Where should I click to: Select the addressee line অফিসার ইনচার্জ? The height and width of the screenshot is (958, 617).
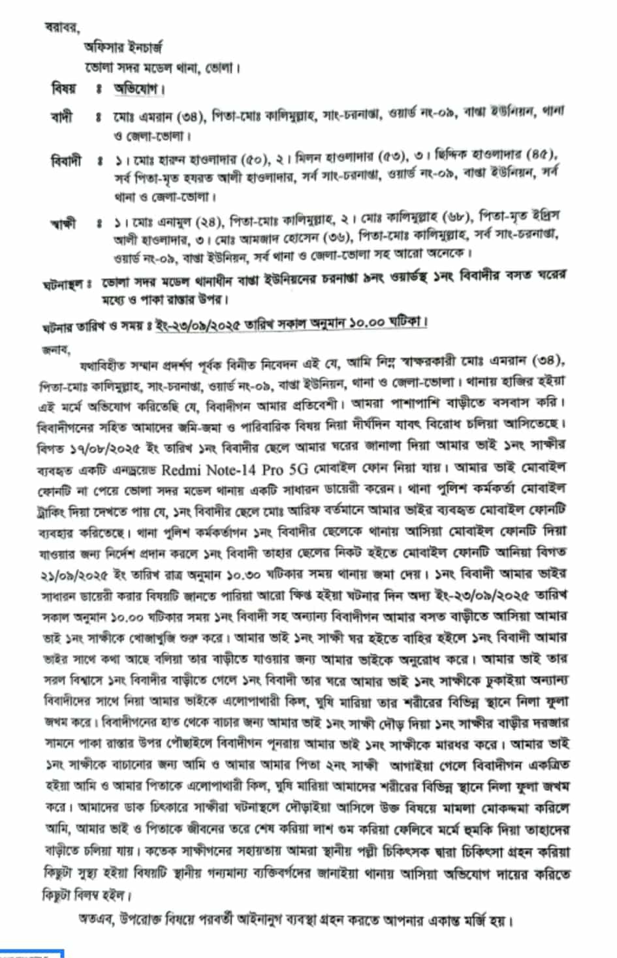(x=123, y=47)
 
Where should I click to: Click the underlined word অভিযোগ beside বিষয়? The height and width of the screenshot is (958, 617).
(x=138, y=88)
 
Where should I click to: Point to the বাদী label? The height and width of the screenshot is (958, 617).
(x=62, y=117)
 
